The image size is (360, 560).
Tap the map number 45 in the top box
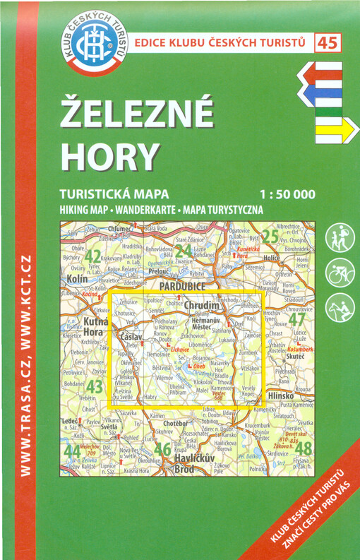[327, 43]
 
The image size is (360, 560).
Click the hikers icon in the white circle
[338, 238]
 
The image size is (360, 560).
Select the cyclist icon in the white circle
[338, 273]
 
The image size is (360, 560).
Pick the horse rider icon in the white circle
[338, 307]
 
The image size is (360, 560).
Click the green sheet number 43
[94, 387]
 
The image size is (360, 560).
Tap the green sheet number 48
[303, 448]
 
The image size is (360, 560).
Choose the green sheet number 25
[270, 237]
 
